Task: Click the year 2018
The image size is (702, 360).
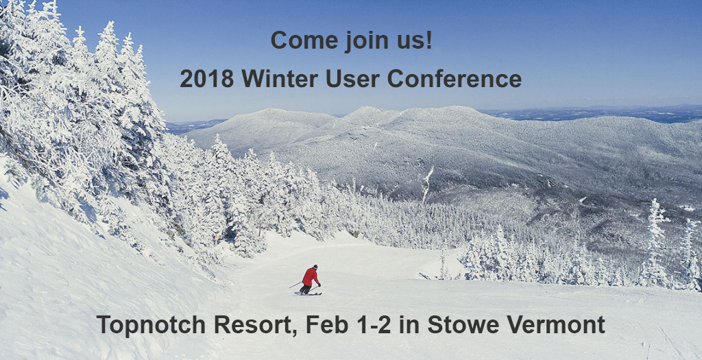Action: pos(207,79)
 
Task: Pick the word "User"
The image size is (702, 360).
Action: pos(353,79)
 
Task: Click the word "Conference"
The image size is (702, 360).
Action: pos(455,79)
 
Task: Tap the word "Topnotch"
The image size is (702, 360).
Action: pos(152,324)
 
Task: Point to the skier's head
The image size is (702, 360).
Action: pos(315,267)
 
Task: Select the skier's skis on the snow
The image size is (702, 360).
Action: pos(308,293)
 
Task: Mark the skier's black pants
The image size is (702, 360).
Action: pos(306,289)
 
